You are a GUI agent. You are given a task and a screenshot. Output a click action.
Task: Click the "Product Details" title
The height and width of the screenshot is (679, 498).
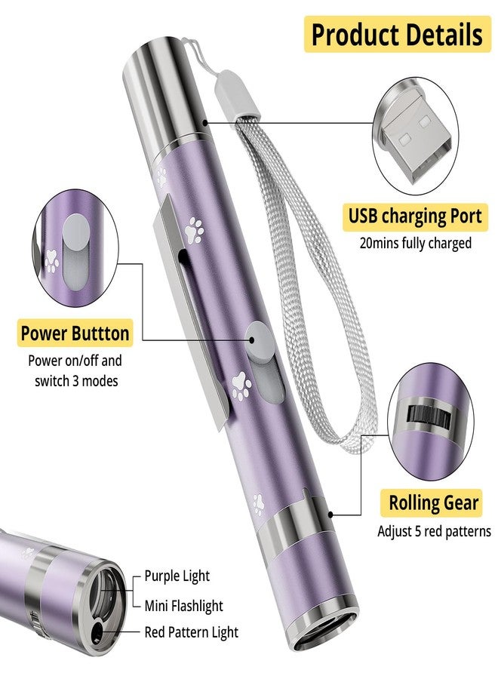tap(397, 34)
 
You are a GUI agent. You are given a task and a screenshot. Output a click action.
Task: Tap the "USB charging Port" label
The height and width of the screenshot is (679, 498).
tap(415, 216)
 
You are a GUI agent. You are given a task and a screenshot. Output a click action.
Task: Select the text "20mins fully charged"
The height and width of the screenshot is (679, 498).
tap(415, 243)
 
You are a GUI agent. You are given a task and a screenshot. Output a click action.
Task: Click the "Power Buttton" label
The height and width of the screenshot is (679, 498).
tap(75, 333)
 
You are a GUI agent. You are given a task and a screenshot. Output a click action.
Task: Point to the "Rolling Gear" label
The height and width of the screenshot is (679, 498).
tap(433, 502)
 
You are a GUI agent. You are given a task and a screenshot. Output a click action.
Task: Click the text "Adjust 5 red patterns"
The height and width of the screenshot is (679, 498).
tap(434, 531)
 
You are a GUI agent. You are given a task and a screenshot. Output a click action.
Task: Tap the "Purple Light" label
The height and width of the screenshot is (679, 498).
tap(177, 576)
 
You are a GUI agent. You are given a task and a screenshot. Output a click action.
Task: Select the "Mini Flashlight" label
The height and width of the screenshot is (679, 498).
tap(183, 606)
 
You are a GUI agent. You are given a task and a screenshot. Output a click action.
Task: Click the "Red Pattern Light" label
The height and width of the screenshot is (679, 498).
tap(191, 632)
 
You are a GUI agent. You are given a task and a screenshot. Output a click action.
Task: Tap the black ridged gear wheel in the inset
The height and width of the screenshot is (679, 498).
tap(429, 417)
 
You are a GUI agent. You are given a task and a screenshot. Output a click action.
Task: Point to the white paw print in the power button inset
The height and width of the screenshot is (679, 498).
tap(52, 261)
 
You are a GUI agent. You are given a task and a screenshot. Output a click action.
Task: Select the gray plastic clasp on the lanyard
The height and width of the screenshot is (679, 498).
tap(236, 95)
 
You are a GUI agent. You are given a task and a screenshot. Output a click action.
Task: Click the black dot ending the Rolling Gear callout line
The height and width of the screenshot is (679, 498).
tap(330, 515)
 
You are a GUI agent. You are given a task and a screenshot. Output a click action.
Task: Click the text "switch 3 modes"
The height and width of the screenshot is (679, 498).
tap(76, 381)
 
